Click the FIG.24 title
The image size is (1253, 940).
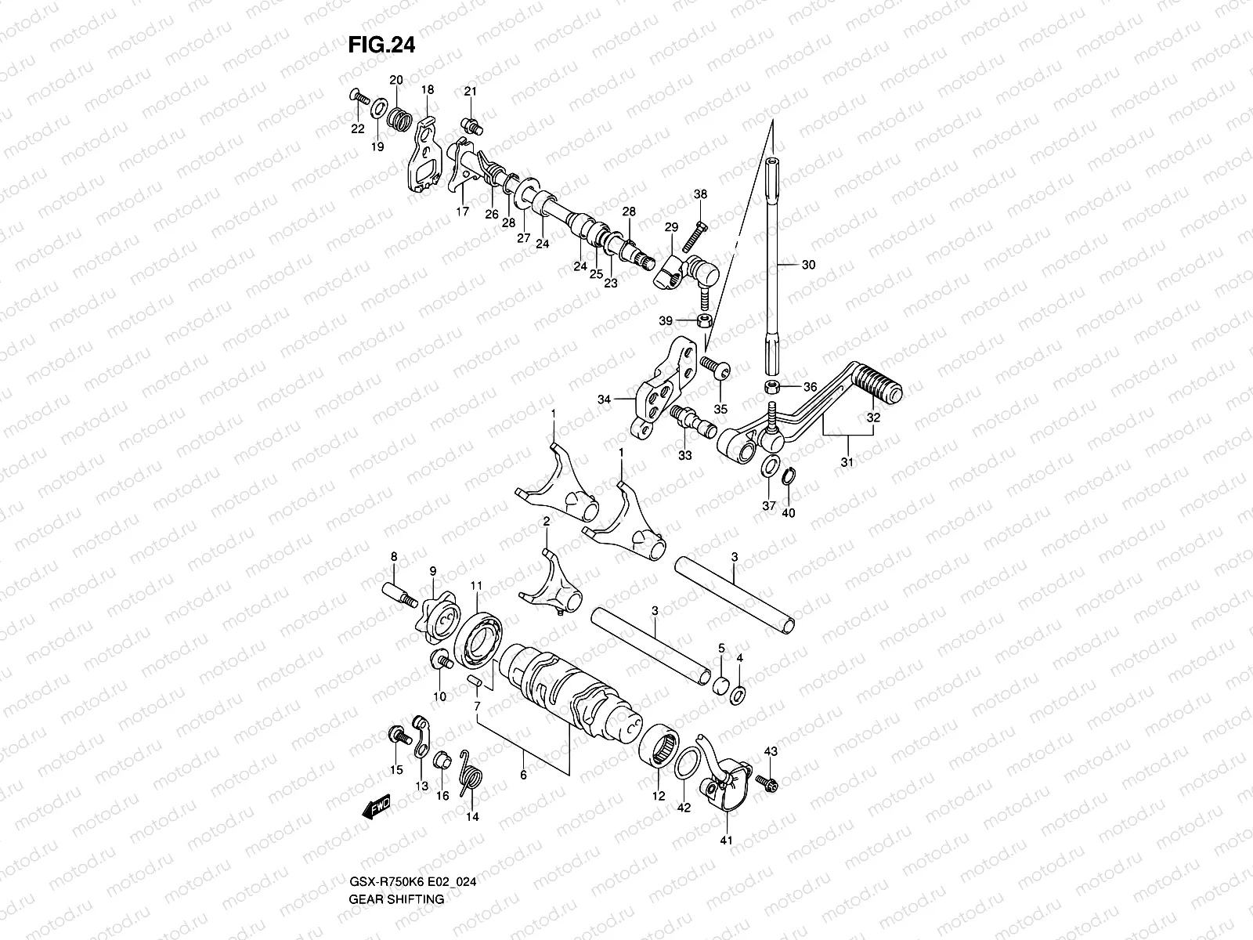tap(381, 45)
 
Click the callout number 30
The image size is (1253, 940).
tap(808, 265)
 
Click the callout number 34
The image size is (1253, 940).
tap(604, 399)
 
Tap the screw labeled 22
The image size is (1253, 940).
tap(359, 97)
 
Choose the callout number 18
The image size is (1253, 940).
tap(427, 90)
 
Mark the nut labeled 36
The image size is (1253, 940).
tap(772, 386)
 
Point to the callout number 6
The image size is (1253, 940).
tap(522, 775)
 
